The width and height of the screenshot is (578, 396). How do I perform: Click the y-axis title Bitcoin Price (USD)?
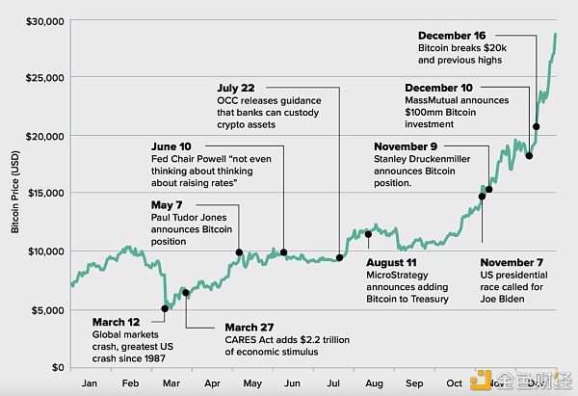pos(15,193)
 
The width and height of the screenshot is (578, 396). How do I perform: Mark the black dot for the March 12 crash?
pos(165,309)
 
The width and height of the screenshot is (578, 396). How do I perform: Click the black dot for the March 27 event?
pos(185,292)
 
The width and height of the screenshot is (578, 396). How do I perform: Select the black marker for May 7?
pos(239,252)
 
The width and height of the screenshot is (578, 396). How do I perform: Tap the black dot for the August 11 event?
pos(369,233)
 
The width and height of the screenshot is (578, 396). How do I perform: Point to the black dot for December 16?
pos(537,126)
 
